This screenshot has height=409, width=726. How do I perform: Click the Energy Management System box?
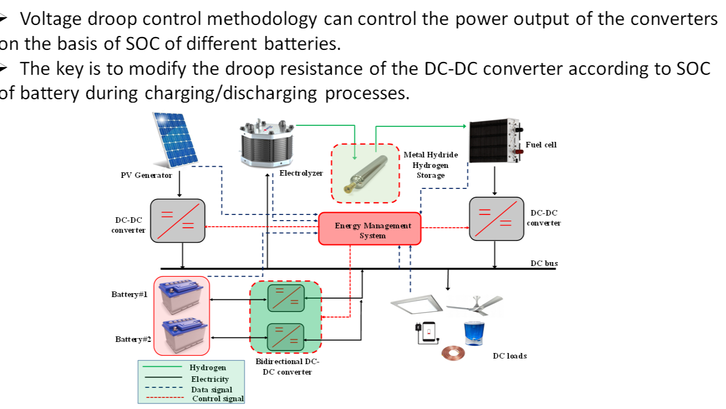370,229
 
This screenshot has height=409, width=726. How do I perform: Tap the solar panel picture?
175,140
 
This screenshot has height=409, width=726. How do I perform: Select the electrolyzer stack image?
267,143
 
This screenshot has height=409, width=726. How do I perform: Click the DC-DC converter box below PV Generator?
177,221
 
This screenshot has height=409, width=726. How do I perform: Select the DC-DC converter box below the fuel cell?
496,219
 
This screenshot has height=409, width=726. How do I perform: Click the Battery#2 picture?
185,335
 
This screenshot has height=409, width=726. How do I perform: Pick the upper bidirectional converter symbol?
286,298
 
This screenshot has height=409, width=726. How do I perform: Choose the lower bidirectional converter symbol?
286,337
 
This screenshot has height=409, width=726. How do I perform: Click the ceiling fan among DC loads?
475,305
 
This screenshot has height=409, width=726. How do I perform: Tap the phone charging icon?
427,333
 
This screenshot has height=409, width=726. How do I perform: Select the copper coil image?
453,353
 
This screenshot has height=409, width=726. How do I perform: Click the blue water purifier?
474,334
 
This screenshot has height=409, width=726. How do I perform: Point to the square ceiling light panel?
417,304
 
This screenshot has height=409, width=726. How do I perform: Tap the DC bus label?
544,263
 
